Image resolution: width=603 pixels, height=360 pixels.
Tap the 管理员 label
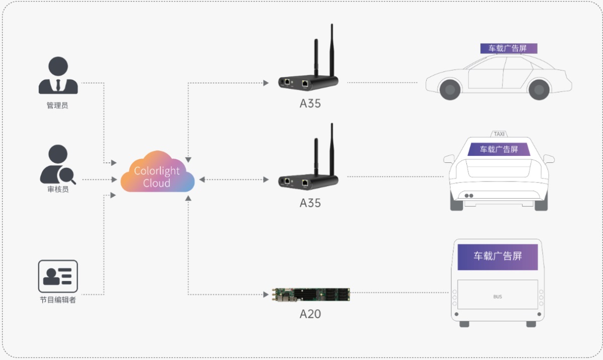[58, 106]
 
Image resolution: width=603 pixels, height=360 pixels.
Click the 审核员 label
[58, 190]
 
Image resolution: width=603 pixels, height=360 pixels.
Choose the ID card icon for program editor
[58, 276]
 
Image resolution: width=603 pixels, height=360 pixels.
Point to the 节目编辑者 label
[58, 300]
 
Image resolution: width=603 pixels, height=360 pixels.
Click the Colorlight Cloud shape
[157, 173]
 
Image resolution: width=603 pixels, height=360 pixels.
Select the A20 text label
[310, 314]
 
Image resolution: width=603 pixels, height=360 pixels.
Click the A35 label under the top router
[310, 104]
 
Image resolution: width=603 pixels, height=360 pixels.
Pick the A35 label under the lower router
[310, 203]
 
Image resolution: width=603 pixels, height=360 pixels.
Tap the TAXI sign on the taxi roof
[499, 134]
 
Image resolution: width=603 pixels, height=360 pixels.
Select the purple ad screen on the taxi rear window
[499, 149]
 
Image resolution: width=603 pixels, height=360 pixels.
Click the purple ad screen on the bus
[497, 256]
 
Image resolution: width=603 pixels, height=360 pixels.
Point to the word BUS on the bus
[497, 297]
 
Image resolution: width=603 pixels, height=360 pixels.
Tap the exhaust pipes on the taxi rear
[469, 196]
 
